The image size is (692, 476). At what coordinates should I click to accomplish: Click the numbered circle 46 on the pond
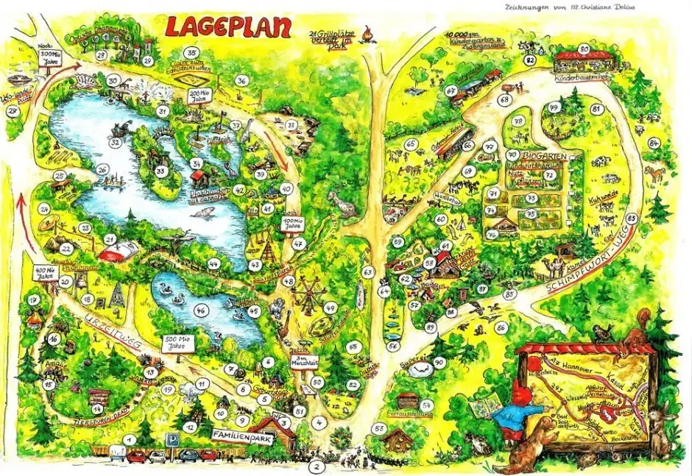[x=200, y=310]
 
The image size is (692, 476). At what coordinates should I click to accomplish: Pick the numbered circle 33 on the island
[x=160, y=172]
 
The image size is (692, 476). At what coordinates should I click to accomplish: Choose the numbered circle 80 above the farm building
[x=584, y=49]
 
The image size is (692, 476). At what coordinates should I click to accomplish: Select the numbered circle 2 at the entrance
[x=317, y=466]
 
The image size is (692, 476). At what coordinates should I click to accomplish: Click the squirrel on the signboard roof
[x=603, y=332]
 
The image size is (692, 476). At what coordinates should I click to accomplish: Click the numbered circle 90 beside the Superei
[x=438, y=362]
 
